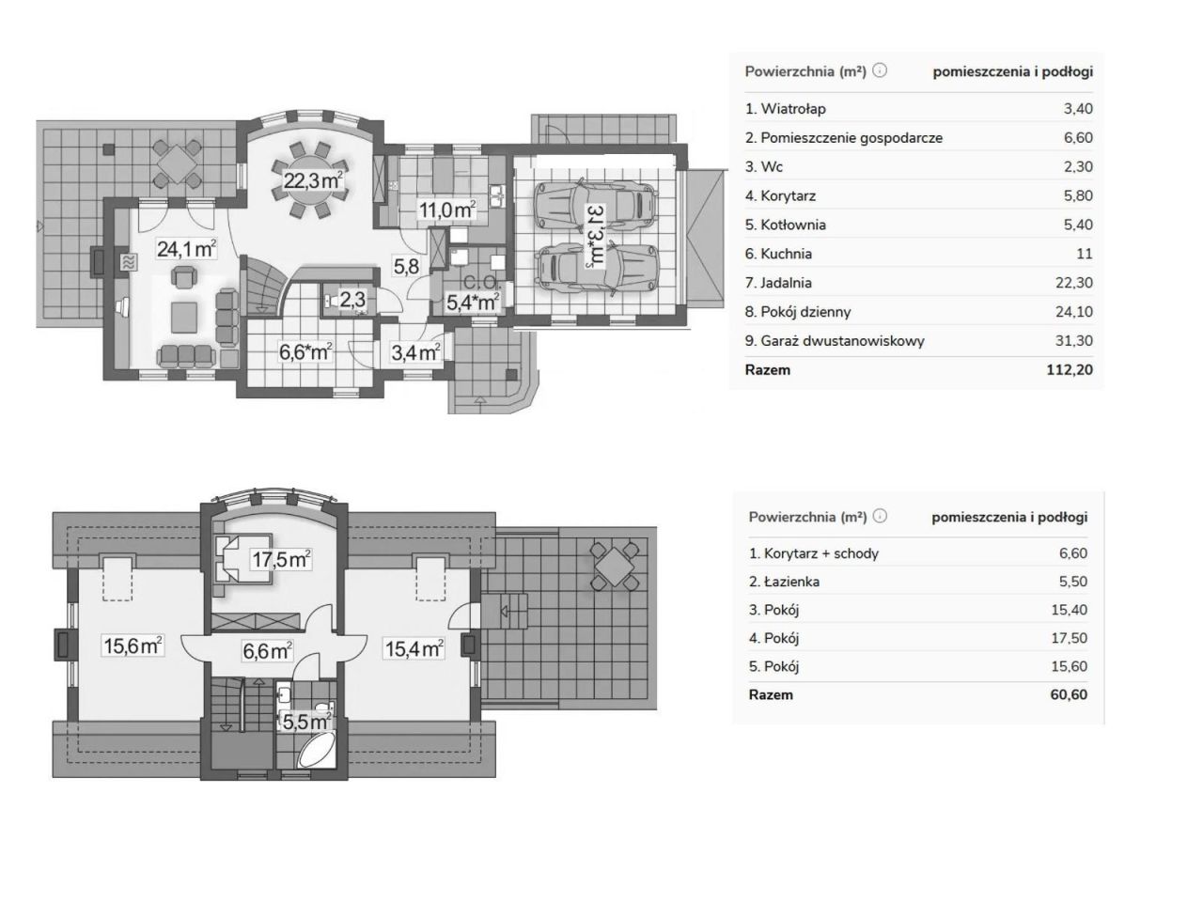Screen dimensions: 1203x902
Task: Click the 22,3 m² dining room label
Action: pos(313,180)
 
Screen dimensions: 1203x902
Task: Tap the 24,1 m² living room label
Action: pos(186,249)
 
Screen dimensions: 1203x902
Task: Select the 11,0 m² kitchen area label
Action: pos(446,210)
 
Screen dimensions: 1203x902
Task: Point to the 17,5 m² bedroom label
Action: pos(281,559)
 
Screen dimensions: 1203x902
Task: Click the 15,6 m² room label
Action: pos(133,645)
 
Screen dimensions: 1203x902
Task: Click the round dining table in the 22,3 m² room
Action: pos(311,179)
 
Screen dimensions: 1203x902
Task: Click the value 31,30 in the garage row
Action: pos(1073,341)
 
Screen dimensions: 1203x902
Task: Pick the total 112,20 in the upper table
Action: pos(1070,369)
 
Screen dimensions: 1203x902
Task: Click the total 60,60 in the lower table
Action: pos(1069,694)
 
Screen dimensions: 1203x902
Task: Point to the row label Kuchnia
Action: pos(786,254)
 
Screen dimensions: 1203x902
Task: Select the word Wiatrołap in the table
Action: pos(793,109)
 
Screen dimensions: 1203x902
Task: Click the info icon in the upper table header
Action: pos(879,70)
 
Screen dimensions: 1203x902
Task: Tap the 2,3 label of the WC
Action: pos(352,299)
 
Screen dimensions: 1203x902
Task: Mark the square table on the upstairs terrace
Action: pos(615,566)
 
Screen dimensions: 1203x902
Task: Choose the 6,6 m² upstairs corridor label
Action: pos(267,650)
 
